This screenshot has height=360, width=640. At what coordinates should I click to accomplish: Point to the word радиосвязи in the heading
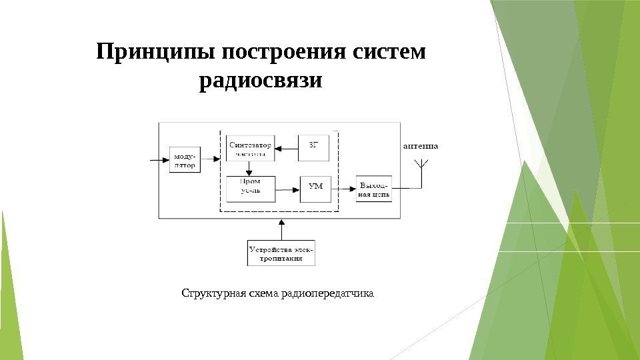tap(261, 81)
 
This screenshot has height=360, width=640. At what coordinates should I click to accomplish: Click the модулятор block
tap(185, 160)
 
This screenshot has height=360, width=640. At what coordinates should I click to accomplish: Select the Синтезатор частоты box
tap(250, 149)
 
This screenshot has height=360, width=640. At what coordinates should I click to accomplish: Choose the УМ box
tap(315, 187)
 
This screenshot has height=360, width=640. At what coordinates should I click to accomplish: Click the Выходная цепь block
tap(374, 189)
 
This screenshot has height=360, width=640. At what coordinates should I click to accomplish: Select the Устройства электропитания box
tap(281, 253)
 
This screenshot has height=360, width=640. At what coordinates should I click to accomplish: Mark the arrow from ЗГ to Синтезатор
tap(287, 148)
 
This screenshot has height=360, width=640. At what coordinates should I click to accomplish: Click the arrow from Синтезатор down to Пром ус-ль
tap(249, 169)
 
